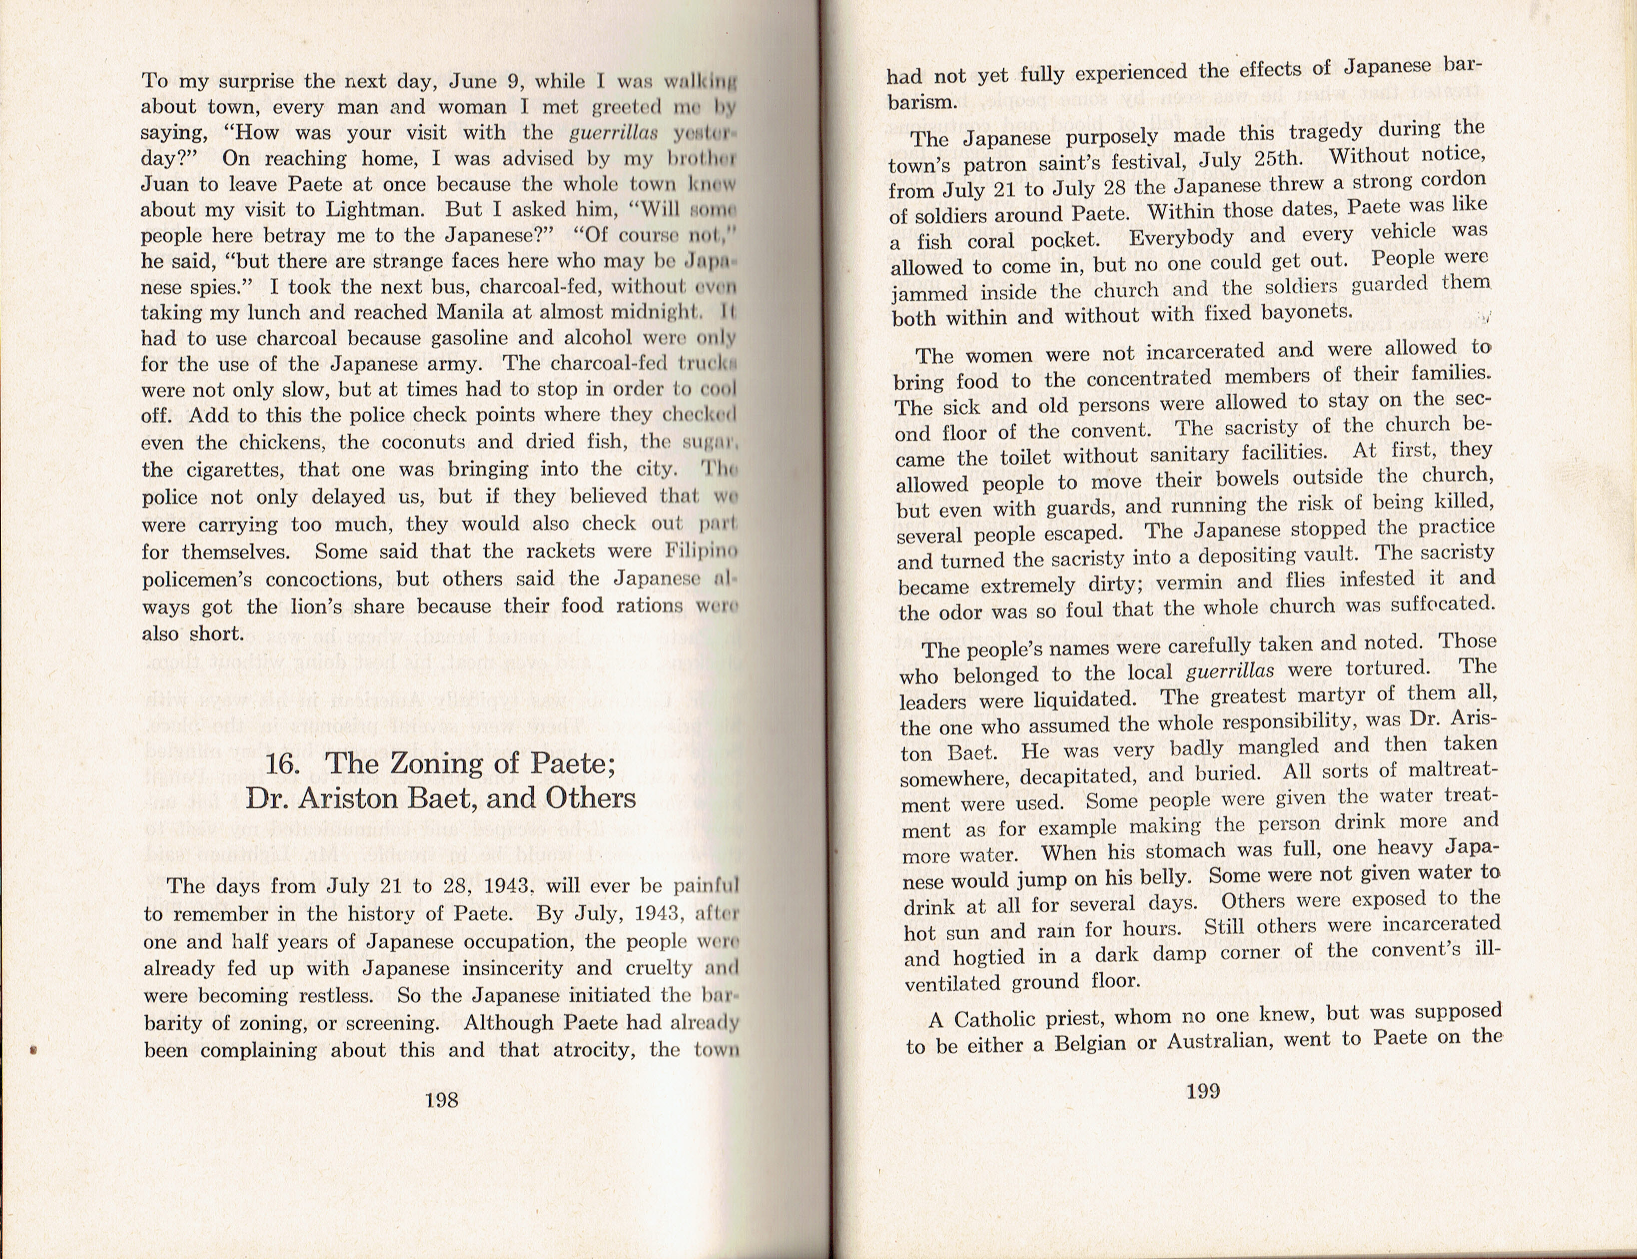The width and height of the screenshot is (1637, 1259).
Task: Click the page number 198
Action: (442, 1100)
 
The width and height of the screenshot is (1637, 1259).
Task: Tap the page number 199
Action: (1203, 1091)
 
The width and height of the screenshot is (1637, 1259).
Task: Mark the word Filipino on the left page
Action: (702, 552)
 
